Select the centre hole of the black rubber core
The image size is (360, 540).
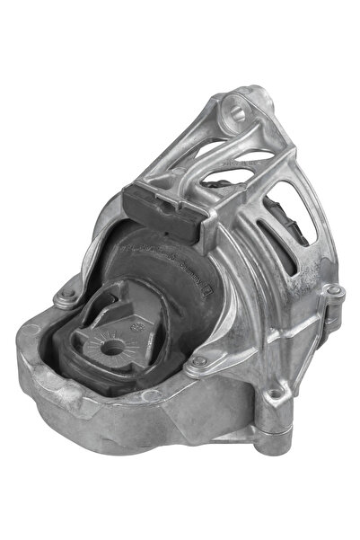coord(114,345)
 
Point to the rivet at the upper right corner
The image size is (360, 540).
coord(330,291)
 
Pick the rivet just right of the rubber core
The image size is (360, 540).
coord(199,362)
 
